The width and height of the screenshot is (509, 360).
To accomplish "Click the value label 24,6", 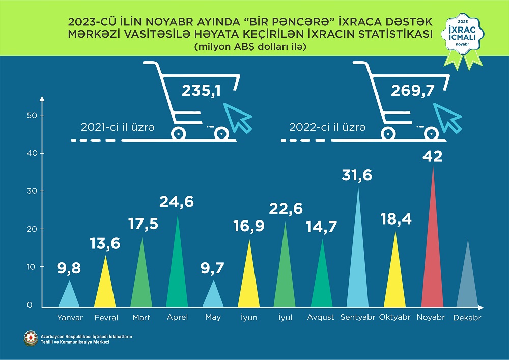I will click(x=176, y=202).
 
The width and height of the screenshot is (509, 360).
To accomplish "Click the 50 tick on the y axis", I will click(x=32, y=116).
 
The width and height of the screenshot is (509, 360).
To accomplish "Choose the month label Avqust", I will click(x=321, y=317).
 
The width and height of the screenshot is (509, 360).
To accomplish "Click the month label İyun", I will click(x=249, y=317).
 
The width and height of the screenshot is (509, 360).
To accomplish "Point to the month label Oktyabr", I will click(x=395, y=317).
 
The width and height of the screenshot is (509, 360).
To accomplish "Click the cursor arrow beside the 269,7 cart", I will click(x=446, y=116).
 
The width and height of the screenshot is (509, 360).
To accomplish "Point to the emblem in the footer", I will click(x=31, y=338).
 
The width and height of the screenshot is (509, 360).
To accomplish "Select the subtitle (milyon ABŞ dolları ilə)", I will click(x=249, y=47).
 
